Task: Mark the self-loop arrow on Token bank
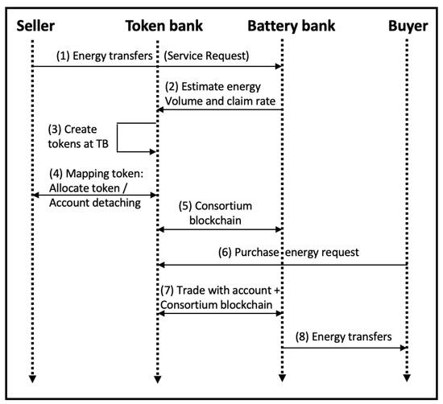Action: pos(137,138)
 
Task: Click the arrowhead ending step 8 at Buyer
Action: pos(402,348)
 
